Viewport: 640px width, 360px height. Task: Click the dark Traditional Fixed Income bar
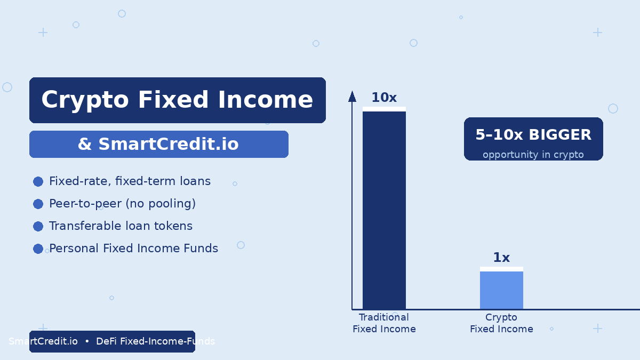[x=384, y=210]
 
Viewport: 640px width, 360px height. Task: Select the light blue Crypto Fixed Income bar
[x=501, y=290]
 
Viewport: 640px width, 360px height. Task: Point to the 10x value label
[x=384, y=98]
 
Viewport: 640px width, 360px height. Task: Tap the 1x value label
[x=501, y=258]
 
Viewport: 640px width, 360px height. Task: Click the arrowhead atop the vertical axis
[x=352, y=97]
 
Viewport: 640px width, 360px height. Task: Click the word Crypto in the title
[x=85, y=100]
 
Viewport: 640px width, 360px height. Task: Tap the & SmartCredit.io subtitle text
[x=158, y=143]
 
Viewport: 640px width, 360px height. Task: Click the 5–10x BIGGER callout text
[x=533, y=134]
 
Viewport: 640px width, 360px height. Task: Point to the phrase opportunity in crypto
[x=533, y=155]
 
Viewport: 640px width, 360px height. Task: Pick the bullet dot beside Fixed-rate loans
[x=38, y=181]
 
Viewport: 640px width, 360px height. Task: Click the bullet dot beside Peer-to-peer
[x=38, y=204]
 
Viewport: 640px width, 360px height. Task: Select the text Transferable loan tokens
[x=121, y=226]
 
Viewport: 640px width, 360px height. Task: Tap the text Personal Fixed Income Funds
[x=133, y=248]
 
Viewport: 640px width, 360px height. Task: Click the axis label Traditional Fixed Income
[x=384, y=323]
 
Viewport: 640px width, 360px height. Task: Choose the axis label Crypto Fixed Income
[x=501, y=323]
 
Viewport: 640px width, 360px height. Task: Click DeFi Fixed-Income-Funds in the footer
[x=155, y=341]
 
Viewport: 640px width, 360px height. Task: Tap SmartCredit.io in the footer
[x=43, y=341]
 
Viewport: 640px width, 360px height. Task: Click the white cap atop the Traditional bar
[x=384, y=109]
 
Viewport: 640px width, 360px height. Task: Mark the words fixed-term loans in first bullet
[x=163, y=181]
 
